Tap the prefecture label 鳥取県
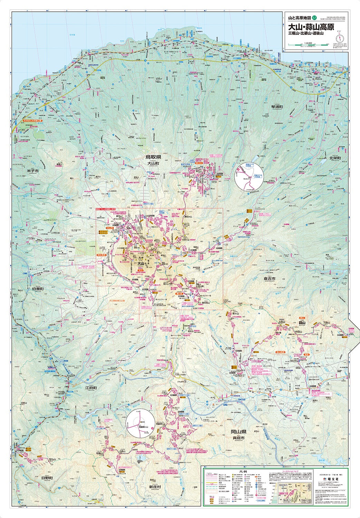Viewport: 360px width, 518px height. (154, 157)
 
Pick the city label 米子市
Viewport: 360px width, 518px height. (33, 171)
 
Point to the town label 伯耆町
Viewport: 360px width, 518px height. (38, 289)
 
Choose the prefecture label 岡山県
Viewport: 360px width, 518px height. (239, 432)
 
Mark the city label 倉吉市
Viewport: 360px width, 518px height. (270, 278)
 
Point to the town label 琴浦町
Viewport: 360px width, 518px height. (276, 107)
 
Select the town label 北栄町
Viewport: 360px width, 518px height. (334, 158)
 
